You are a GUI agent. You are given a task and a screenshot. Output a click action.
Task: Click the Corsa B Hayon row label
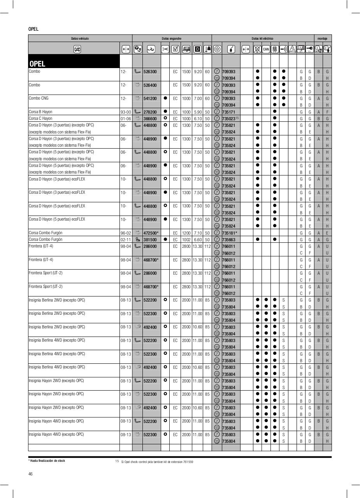(x=40, y=112)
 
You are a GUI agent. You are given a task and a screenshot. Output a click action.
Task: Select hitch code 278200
(x=150, y=112)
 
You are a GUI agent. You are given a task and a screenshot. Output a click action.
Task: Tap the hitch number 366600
(x=150, y=119)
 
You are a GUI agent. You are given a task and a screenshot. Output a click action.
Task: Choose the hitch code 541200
(x=150, y=98)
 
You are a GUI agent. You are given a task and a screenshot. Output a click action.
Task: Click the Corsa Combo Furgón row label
(x=46, y=233)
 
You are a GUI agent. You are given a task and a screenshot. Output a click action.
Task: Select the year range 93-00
(x=126, y=112)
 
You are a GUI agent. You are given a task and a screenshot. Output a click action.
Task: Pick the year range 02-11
(x=126, y=240)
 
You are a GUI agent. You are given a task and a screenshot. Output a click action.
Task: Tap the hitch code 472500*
(x=151, y=233)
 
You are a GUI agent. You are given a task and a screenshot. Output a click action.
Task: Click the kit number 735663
(x=228, y=240)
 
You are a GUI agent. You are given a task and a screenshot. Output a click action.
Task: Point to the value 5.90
(x=197, y=112)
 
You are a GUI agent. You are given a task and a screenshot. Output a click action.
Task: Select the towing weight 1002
(x=186, y=240)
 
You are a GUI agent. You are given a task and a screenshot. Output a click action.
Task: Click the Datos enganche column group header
(x=172, y=39)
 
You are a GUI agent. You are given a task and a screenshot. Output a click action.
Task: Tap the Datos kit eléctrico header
(x=262, y=39)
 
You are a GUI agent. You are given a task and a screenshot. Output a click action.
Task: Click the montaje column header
(x=323, y=39)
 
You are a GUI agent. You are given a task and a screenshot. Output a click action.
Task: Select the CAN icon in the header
(x=266, y=49)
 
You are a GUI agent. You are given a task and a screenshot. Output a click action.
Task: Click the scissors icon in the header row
(x=165, y=49)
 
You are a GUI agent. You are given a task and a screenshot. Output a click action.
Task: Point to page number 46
(x=30, y=474)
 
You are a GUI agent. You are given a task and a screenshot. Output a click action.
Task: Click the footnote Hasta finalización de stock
(x=47, y=461)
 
